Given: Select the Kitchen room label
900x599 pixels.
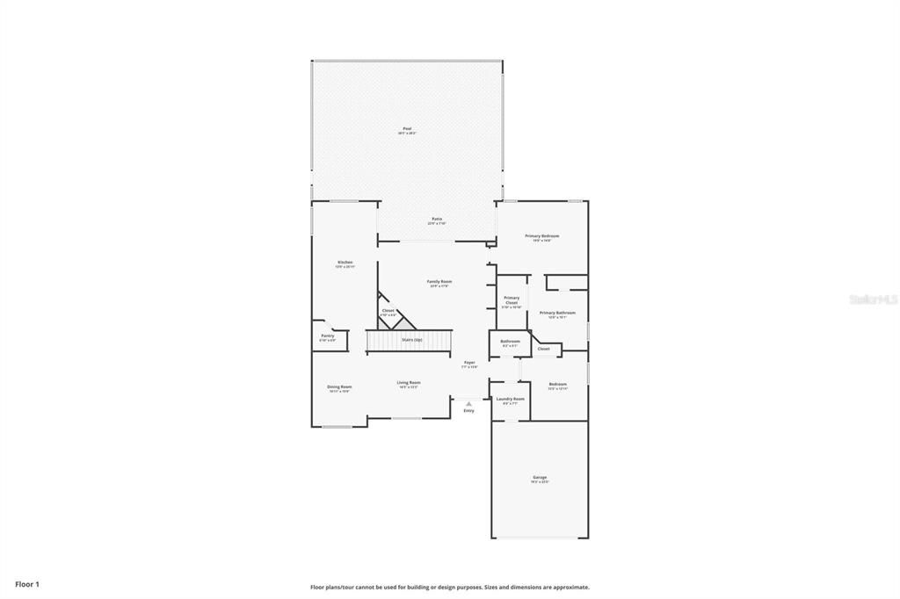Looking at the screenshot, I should point(345,263).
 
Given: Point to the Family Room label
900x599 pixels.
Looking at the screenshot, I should point(439,283).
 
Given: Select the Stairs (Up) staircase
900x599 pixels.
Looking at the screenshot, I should point(409,340).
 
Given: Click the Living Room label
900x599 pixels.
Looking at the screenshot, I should point(409,384).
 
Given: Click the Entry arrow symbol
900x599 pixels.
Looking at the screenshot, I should point(468,404).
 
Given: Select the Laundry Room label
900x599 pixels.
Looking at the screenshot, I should point(510,401).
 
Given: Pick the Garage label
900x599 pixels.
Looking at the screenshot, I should point(540,479).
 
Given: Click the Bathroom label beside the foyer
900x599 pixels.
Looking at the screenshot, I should point(510,343).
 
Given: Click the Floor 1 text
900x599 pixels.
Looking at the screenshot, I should point(27,584).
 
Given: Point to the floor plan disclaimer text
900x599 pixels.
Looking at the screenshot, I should point(449,587).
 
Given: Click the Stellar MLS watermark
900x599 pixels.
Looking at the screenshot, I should point(873,299).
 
